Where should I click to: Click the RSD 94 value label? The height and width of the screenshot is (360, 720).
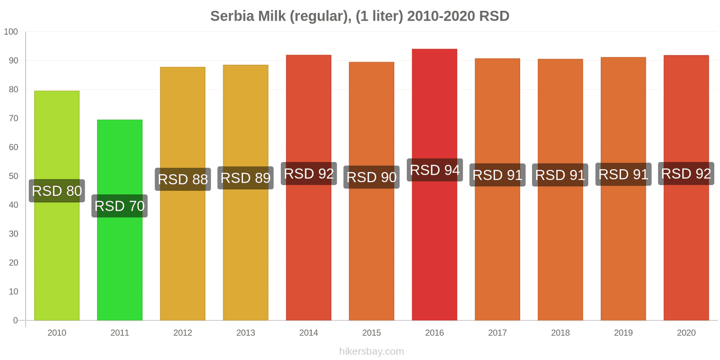coord(435,170)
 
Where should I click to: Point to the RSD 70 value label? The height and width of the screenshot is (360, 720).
coord(120,206)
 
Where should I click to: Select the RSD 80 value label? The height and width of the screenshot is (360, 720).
coord(57,191)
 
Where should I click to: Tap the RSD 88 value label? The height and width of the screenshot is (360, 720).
coord(183,179)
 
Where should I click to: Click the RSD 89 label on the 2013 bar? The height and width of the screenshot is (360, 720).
coord(245,178)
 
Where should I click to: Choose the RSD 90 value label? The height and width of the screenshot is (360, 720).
coord(371,177)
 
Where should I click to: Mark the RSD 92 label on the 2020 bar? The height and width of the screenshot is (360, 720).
coord(686,174)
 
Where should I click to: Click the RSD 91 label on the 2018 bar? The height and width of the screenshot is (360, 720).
coord(560,175)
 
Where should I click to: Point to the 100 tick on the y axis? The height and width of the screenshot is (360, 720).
coord(11,31)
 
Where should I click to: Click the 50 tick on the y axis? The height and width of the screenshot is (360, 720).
coord(13,176)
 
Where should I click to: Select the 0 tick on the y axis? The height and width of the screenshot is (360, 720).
coord(15,320)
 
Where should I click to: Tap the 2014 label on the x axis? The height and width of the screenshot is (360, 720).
coord(308,333)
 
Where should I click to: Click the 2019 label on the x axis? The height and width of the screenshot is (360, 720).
coord(623,333)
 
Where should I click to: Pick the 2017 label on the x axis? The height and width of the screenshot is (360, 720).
coord(497,333)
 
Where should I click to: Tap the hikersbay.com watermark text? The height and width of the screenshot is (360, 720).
coord(371,351)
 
